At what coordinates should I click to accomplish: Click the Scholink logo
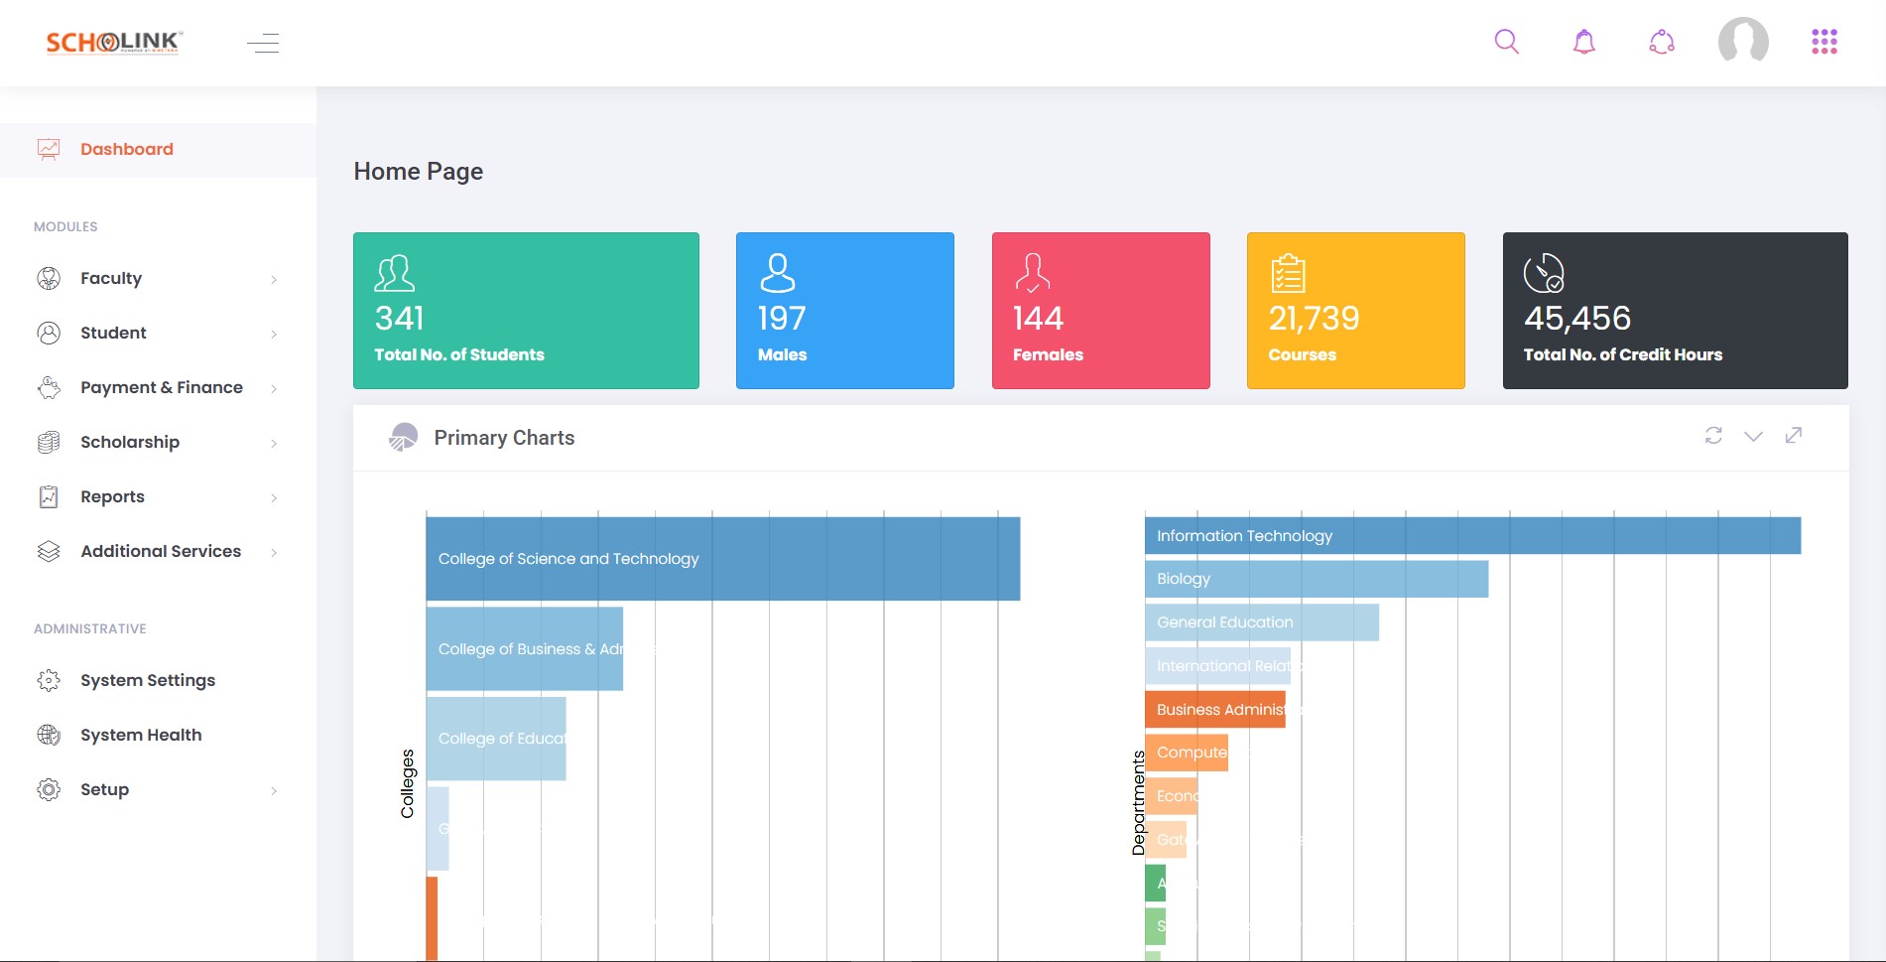(114, 43)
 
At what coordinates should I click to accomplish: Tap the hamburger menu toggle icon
(263, 43)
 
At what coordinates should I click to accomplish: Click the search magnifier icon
(1506, 42)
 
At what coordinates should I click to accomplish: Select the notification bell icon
(1584, 42)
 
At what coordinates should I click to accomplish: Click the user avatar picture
(1743, 42)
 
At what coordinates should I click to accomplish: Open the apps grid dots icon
(1823, 42)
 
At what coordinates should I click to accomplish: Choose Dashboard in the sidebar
(126, 149)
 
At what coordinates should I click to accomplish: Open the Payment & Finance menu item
(161, 387)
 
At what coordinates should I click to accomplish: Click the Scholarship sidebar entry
(130, 442)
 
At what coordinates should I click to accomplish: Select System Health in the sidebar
(141, 735)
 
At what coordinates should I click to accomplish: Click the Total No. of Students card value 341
(400, 319)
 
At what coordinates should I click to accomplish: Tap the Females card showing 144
(1099, 311)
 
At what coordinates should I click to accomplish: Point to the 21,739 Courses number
(1314, 319)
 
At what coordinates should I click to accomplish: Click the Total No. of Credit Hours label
(1622, 354)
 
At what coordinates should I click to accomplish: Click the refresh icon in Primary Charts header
(1713, 436)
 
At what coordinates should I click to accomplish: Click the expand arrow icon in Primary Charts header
(1793, 436)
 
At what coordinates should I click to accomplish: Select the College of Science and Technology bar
(722, 559)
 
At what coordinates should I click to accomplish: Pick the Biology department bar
(1316, 579)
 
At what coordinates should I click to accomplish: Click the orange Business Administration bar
(1214, 710)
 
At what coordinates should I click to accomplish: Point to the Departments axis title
(1138, 802)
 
